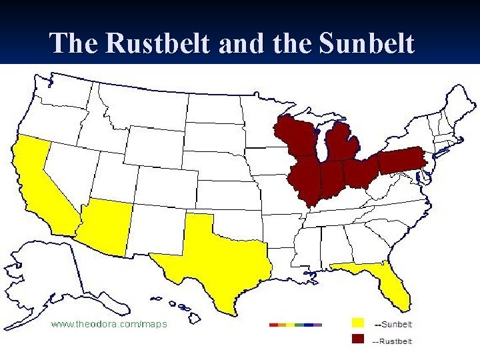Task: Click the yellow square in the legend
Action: tap(358, 323)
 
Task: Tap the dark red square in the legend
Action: tap(358, 339)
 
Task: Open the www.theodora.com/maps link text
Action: tap(110, 324)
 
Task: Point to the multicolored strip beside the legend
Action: tap(295, 325)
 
